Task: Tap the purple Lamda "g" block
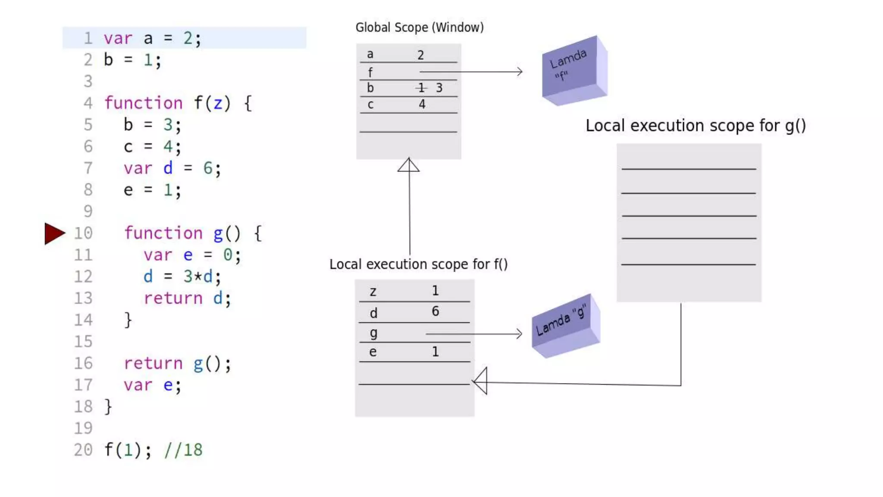(x=565, y=326)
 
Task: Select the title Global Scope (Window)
(x=419, y=28)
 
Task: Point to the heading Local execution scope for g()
(x=695, y=126)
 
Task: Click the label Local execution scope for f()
(x=418, y=264)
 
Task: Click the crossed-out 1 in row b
(x=421, y=88)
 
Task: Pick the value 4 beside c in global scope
(x=422, y=104)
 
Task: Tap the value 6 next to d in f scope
(x=435, y=311)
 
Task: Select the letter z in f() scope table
(x=373, y=292)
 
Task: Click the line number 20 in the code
(x=83, y=450)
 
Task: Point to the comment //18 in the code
(x=183, y=450)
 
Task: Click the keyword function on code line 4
(x=144, y=103)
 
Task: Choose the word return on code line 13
(x=173, y=298)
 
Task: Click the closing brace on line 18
(x=108, y=406)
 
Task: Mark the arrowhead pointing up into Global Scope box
(x=408, y=165)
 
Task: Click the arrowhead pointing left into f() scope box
(x=480, y=381)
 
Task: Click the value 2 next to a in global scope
(x=420, y=55)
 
